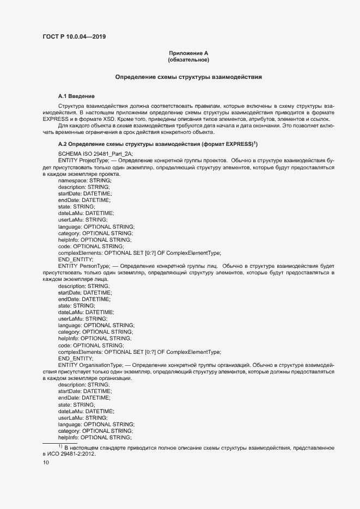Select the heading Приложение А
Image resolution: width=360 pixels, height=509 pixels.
(x=188, y=53)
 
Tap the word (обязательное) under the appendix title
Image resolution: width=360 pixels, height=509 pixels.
(x=188, y=60)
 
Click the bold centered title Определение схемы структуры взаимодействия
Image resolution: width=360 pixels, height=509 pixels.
(x=188, y=77)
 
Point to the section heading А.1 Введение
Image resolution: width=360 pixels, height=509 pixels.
(x=76, y=96)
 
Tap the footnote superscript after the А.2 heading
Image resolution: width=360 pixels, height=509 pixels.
(x=255, y=143)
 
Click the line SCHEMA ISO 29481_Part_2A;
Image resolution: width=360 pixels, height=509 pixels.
(x=95, y=154)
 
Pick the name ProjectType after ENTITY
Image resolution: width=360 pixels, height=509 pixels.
(x=94, y=161)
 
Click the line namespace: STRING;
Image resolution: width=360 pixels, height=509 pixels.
(x=84, y=180)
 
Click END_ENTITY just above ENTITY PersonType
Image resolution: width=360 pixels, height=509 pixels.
(x=75, y=259)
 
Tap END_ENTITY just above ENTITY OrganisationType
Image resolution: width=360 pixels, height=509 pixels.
(x=75, y=358)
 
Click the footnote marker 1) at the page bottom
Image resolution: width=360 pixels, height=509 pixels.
(x=61, y=447)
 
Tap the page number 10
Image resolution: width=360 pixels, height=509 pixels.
(x=46, y=463)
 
